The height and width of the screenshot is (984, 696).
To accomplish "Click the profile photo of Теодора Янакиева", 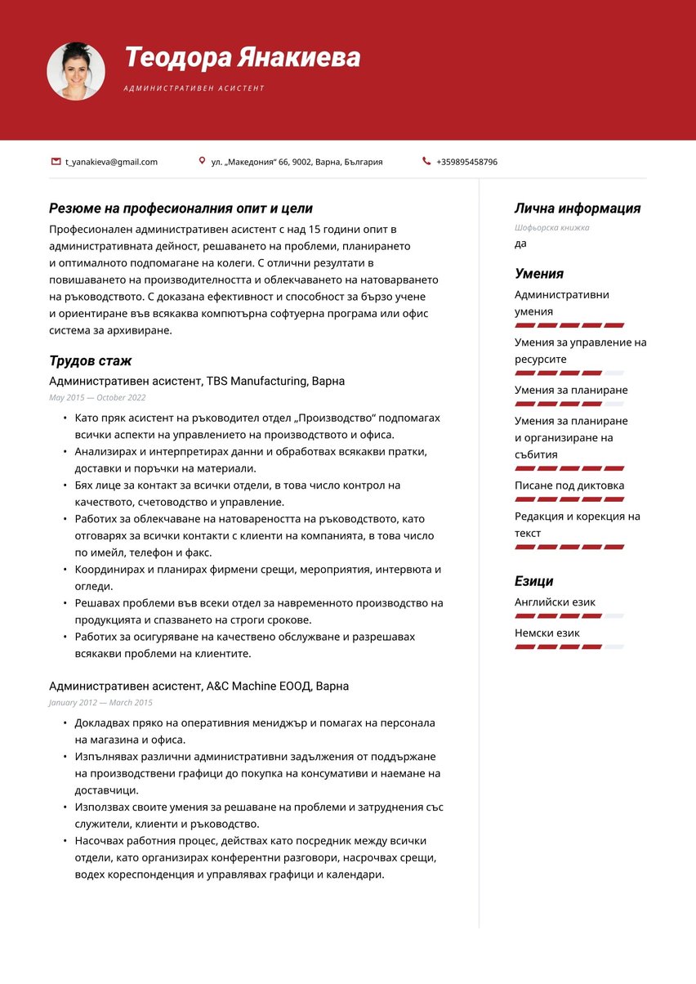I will click(x=76, y=71).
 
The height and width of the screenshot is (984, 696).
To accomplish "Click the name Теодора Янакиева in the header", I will click(x=242, y=58).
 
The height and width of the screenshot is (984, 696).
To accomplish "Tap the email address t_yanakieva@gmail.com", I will click(x=111, y=162).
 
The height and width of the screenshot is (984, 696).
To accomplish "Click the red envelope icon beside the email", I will click(x=56, y=162).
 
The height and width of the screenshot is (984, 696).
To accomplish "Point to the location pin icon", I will click(x=202, y=162).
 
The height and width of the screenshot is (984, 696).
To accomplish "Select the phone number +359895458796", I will click(x=466, y=162).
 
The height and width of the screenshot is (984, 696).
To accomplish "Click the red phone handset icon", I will click(x=426, y=162).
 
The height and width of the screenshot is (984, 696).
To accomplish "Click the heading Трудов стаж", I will click(x=90, y=360).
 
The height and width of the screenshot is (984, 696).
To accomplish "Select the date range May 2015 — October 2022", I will click(x=97, y=397).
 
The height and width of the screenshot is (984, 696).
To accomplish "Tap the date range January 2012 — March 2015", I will click(x=100, y=702).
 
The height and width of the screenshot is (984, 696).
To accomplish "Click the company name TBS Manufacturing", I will click(x=257, y=381).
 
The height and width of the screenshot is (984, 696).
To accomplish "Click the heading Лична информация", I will click(x=577, y=208).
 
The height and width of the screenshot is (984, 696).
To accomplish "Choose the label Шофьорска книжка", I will click(x=551, y=227).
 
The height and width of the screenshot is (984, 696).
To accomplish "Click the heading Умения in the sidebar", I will click(x=538, y=274).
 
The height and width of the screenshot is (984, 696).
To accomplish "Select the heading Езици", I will click(x=533, y=581).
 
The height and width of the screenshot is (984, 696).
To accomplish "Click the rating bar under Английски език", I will click(x=569, y=615).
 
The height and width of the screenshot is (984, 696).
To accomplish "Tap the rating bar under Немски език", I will click(x=569, y=646).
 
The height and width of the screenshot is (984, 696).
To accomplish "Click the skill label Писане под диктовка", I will click(x=569, y=485).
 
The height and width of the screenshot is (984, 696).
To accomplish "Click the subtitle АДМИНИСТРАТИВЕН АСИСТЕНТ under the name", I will click(x=194, y=88).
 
